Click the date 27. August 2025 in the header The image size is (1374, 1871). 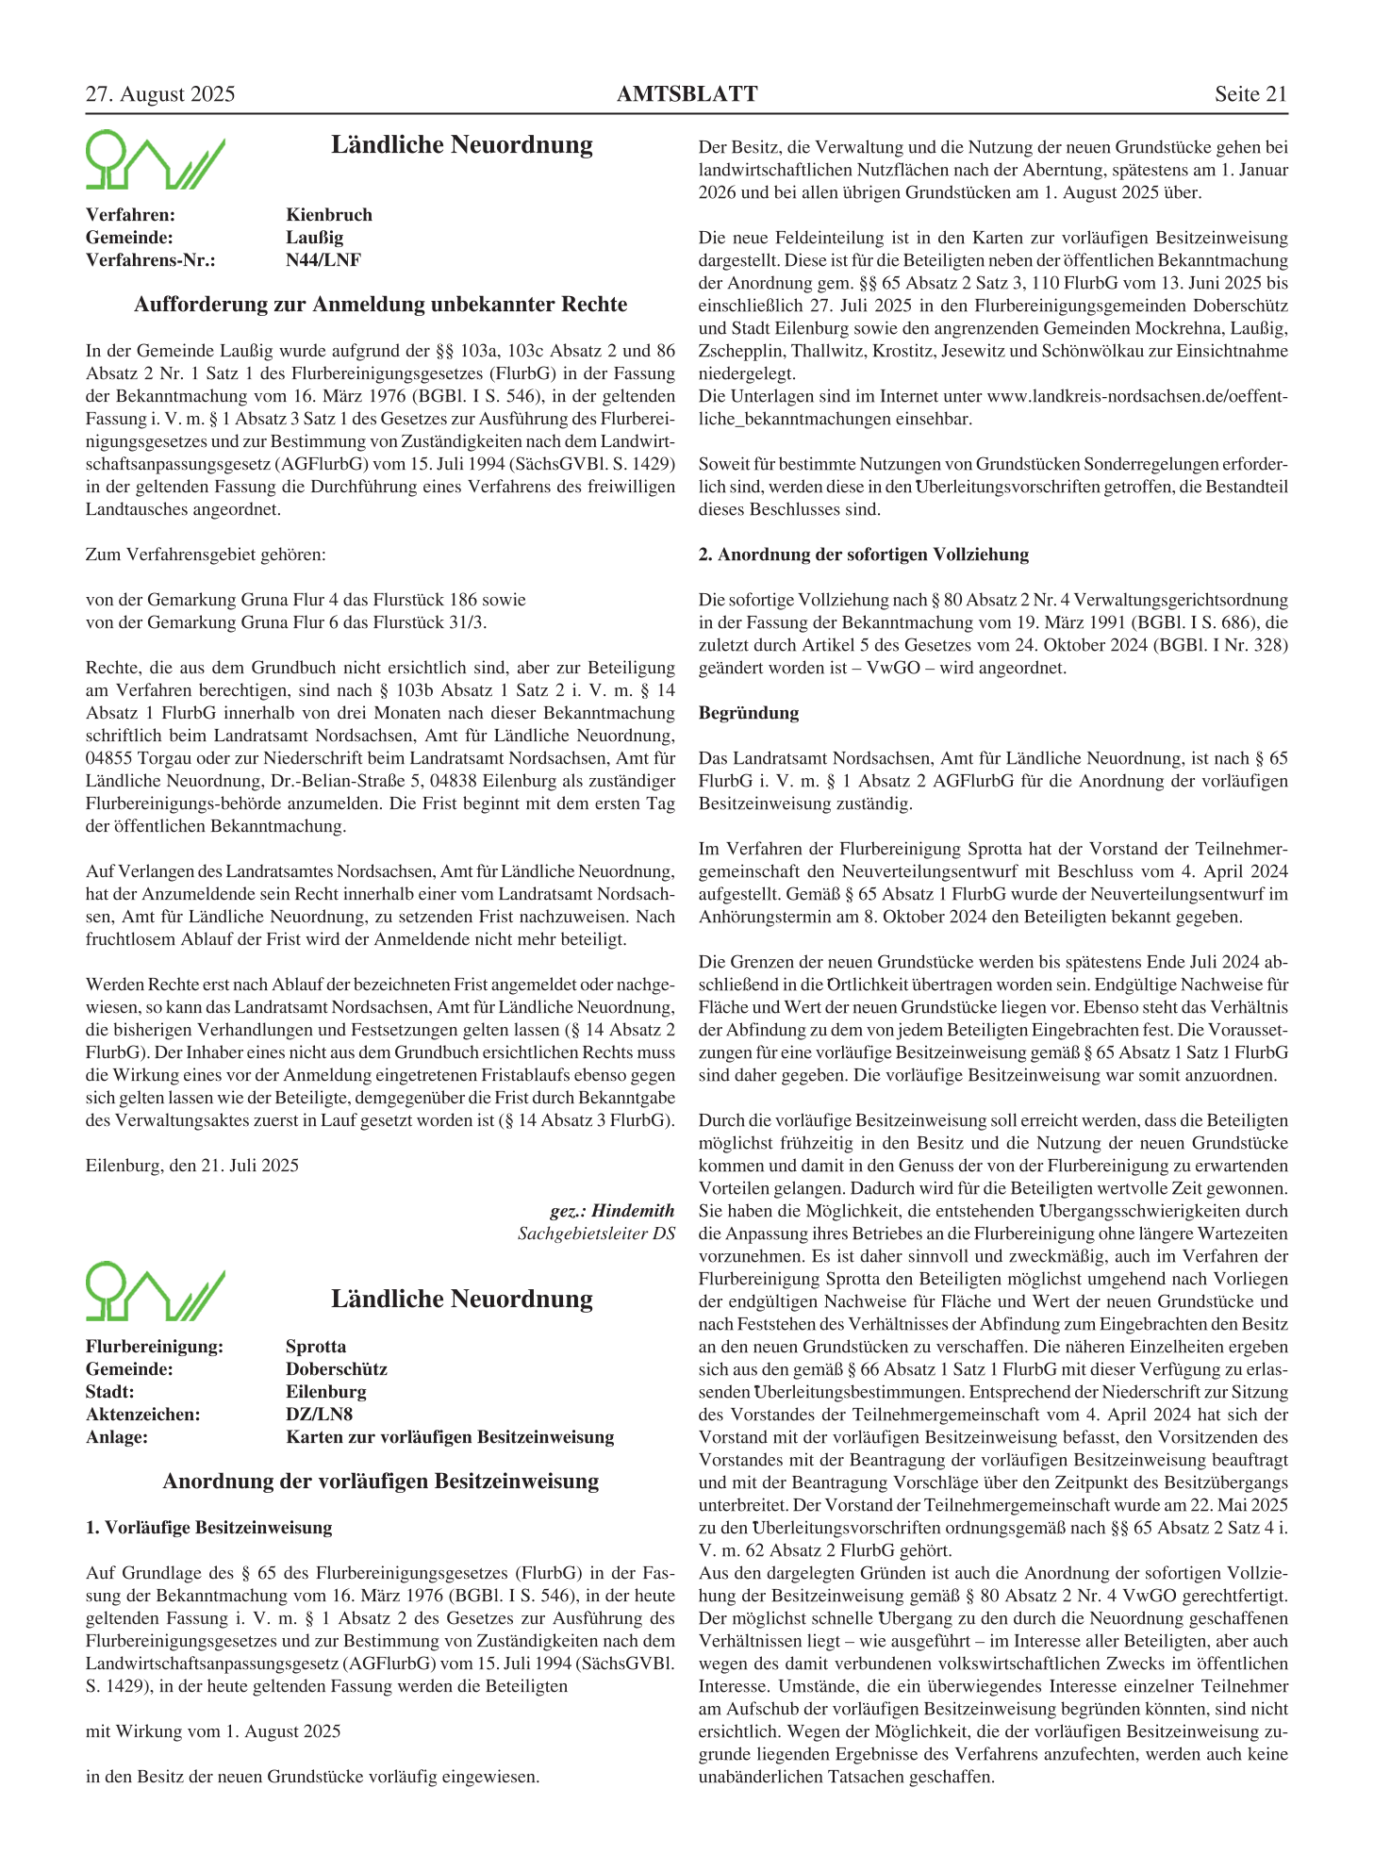pos(160,94)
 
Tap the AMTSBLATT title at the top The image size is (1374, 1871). pos(687,94)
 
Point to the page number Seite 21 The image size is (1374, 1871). pos(1250,94)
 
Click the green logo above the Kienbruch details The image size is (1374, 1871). pos(156,160)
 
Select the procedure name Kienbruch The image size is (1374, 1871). pos(329,215)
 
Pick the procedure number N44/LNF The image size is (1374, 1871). pos(323,260)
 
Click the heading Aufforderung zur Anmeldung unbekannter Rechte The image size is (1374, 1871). pos(380,305)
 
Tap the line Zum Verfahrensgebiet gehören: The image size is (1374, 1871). pos(206,555)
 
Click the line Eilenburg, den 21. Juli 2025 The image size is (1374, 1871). pos(192,1166)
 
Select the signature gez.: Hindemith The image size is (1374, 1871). pos(612,1211)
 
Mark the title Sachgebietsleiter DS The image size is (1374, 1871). pos(596,1234)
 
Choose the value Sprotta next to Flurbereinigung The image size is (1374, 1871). pos(316,1347)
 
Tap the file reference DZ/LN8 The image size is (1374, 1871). pos(320,1415)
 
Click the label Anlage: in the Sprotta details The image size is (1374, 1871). pos(117,1437)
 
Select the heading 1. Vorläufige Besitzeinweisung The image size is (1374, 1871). pos(209,1528)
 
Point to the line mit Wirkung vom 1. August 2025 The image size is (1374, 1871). pos(213,1731)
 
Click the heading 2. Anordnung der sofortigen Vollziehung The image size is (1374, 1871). pos(864,555)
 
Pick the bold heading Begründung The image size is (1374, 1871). pos(749,713)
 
